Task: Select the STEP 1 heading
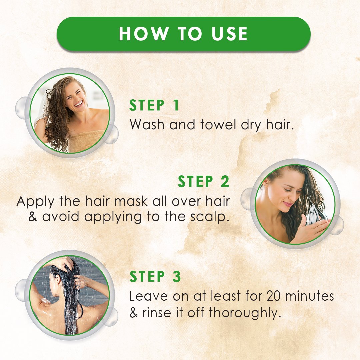pos(154,105)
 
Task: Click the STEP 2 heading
pos(204,181)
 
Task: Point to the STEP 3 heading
pos(155,276)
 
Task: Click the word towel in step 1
pos(218,125)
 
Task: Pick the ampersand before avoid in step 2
pos(33,217)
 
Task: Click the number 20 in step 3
pos(274,296)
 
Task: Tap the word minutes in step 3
pos(309,296)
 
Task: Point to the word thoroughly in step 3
pos(245,313)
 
